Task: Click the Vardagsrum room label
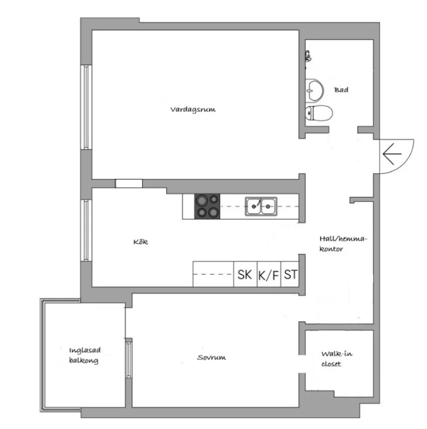coord(193,110)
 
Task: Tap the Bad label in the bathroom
coord(341,90)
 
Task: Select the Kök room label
coord(140,242)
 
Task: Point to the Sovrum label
coord(212,358)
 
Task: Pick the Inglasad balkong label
coord(83,356)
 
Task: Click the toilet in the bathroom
coord(318,113)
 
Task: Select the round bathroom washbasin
coord(314,90)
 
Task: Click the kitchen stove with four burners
coord(207,206)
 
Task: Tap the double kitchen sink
coord(261,206)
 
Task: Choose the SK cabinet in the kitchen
coord(245,274)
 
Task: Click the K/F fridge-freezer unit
coord(268,275)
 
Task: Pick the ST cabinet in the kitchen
coord(291,274)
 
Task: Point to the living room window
coord(86,107)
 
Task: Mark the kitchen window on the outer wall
coord(86,229)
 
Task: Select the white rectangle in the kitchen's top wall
coord(128,183)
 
